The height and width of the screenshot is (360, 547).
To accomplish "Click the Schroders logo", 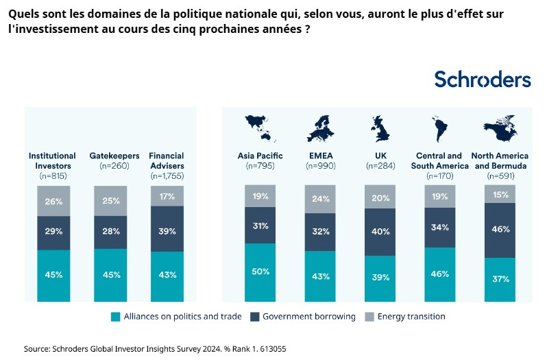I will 482,80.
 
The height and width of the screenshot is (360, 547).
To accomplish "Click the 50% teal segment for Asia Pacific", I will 260,272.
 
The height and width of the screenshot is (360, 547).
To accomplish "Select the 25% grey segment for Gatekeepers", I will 111,200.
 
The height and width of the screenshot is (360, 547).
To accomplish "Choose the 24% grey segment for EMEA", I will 321,200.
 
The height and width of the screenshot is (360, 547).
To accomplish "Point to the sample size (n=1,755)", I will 167,176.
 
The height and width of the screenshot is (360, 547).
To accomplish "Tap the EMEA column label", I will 321,156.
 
